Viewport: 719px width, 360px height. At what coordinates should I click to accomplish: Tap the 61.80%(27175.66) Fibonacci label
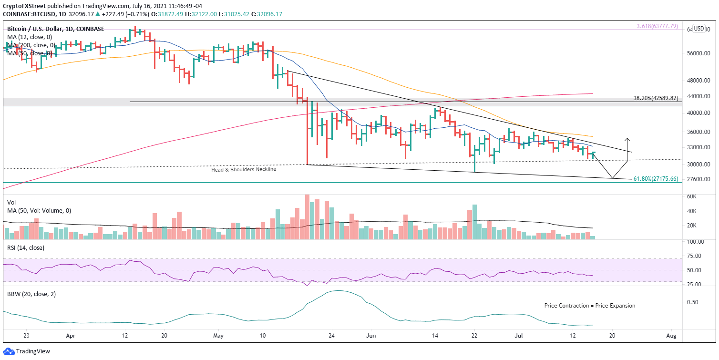[x=656, y=179]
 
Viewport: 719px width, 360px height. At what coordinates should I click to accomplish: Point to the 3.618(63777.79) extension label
[x=657, y=26]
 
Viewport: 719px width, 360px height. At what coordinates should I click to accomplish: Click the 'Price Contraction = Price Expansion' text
[x=590, y=306]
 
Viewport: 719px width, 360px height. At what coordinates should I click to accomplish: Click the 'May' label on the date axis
[x=218, y=335]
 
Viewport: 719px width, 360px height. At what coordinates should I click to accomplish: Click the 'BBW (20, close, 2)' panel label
[x=29, y=294]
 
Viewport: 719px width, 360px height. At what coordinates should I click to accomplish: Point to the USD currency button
[x=699, y=29]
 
